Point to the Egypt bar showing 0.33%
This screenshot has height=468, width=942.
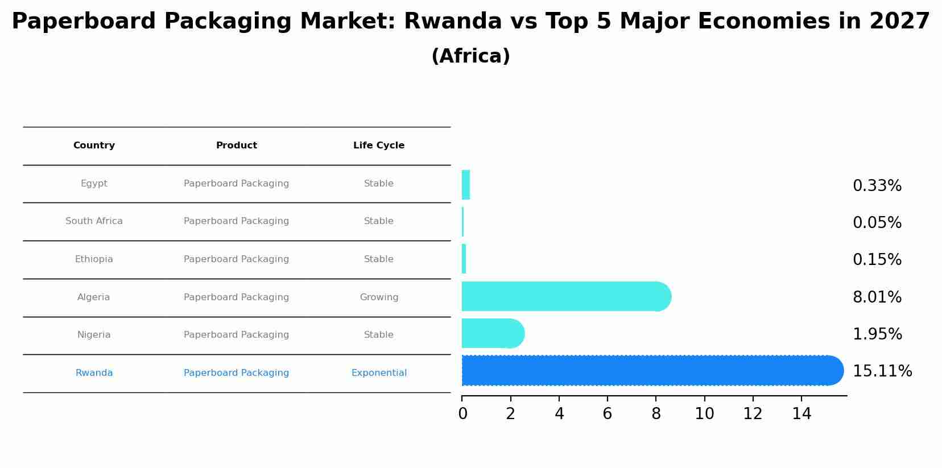466,185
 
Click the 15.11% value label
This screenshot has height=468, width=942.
882,371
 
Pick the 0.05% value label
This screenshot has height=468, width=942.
877,223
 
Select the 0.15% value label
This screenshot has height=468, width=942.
877,260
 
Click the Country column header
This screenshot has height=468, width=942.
94,146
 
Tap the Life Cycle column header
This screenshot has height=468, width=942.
379,146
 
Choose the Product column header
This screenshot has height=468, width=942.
237,146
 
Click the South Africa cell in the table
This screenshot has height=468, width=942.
94,221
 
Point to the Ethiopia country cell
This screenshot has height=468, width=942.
94,259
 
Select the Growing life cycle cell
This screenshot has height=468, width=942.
379,297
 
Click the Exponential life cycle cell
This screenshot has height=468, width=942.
379,373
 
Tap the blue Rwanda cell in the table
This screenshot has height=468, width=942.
94,373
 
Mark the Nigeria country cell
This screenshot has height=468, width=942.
94,335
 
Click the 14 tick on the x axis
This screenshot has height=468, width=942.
801,414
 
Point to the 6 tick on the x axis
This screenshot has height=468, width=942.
608,414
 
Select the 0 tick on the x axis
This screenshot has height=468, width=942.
462,414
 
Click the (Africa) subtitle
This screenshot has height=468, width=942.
470,56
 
